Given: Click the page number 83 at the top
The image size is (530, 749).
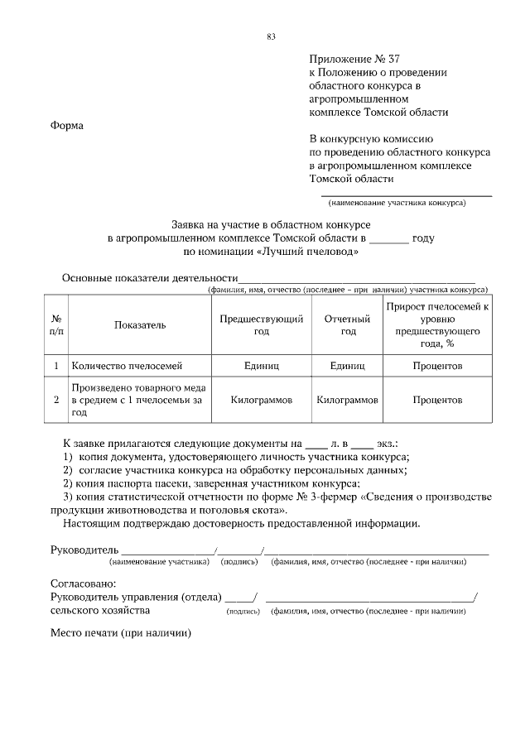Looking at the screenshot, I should [x=271, y=36].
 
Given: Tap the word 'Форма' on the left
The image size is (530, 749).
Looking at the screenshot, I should [x=67, y=126].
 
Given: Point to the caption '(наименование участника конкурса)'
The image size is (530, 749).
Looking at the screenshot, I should [x=397, y=203].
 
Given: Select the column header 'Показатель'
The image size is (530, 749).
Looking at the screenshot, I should [x=140, y=325].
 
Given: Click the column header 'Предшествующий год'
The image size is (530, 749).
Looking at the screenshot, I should [x=262, y=325].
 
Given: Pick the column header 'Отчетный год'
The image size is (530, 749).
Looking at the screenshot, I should [x=348, y=325].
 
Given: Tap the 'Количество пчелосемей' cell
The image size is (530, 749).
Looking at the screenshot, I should [x=127, y=365].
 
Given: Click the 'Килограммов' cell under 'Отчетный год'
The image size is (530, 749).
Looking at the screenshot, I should [x=348, y=400].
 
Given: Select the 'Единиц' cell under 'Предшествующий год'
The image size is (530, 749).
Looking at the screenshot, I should [x=262, y=365].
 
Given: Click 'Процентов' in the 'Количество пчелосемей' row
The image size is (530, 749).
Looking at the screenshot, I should [x=437, y=365].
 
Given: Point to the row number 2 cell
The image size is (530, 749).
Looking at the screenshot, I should [x=55, y=400].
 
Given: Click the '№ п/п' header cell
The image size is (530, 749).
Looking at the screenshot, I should [x=55, y=325].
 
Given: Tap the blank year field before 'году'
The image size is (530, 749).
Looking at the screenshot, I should [x=388, y=239].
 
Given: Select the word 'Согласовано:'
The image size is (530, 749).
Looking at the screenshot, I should [x=84, y=583].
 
